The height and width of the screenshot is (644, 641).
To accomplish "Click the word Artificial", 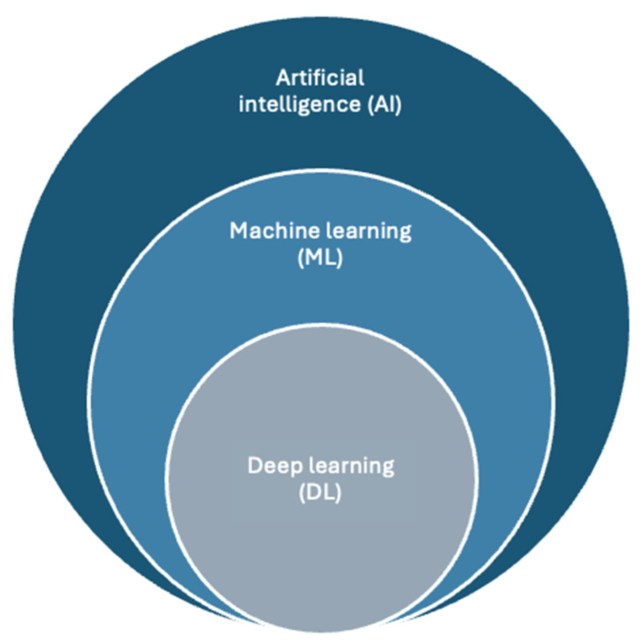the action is click(x=320, y=78).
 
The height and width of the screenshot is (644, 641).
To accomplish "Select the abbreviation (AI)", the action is click(x=385, y=105).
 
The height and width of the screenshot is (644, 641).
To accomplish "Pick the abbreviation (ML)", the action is click(x=320, y=258).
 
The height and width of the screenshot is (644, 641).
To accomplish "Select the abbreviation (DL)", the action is click(x=320, y=492).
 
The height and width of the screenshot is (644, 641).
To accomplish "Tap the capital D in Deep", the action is click(x=255, y=466).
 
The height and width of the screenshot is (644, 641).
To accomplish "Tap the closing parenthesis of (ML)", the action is click(x=340, y=258).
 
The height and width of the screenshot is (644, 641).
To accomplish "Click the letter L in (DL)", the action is click(x=328, y=492).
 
